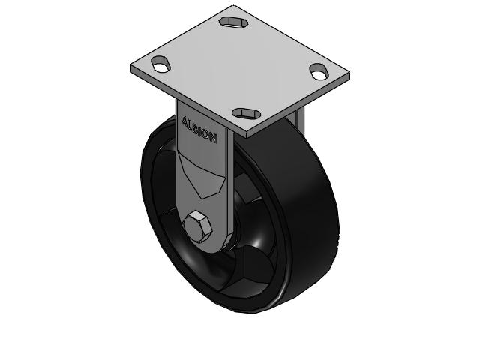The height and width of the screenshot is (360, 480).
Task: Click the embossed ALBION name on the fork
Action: pos(199,128)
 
